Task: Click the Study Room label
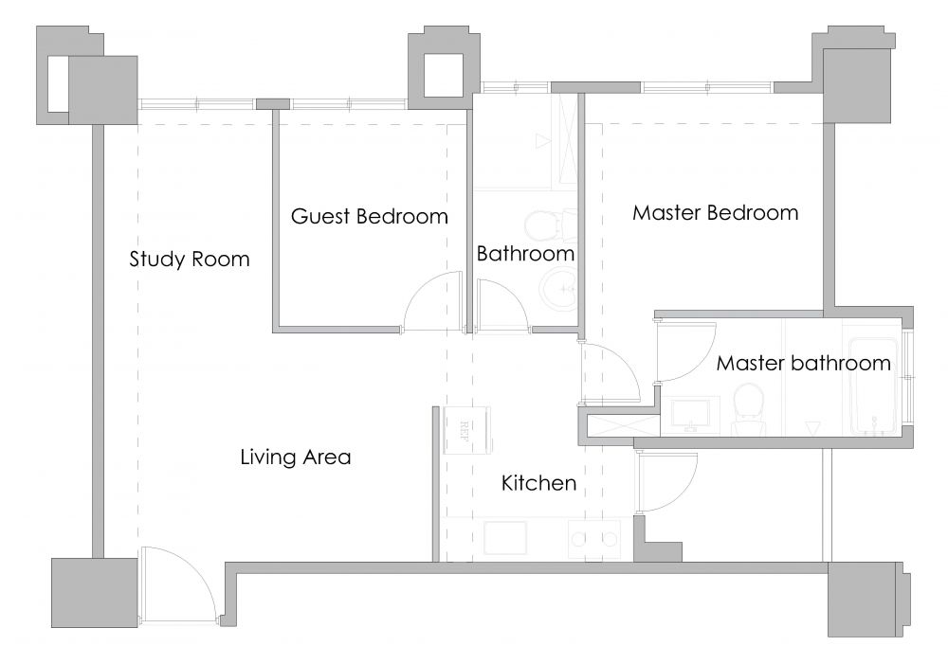click(x=190, y=260)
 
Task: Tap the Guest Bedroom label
click(x=370, y=216)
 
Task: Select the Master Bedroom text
click(x=715, y=213)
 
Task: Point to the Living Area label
click(x=296, y=457)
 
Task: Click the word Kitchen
click(x=538, y=483)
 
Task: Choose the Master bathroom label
click(x=804, y=363)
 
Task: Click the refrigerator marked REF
click(x=466, y=430)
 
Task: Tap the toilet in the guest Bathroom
click(x=550, y=225)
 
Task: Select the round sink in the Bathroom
click(x=558, y=290)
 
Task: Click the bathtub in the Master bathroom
click(x=873, y=386)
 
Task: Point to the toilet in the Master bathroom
click(x=749, y=409)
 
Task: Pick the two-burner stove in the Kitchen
click(x=594, y=539)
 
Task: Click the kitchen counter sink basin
click(x=505, y=538)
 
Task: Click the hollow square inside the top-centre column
click(x=443, y=76)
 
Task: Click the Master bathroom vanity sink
click(x=691, y=414)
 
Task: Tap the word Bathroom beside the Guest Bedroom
click(x=525, y=254)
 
